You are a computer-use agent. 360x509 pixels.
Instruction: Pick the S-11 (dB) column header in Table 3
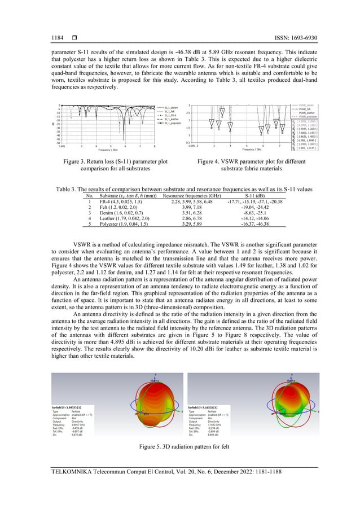coord(256,196)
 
